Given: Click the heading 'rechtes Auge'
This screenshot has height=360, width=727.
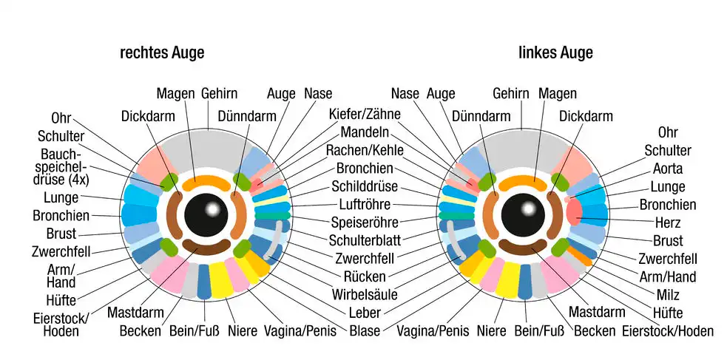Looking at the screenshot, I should click(x=162, y=53).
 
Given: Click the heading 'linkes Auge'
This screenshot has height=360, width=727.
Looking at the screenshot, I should click(x=555, y=53).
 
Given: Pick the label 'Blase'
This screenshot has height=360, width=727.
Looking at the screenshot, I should click(x=365, y=330).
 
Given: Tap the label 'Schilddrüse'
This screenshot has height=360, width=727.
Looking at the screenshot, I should click(x=363, y=186).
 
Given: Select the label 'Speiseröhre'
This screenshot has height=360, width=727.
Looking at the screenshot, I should click(x=364, y=223).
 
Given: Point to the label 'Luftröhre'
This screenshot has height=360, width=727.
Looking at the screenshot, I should click(x=365, y=204).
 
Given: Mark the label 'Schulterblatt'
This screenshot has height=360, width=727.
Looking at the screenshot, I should click(x=364, y=240).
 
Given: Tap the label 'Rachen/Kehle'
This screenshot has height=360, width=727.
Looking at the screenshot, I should click(x=363, y=150).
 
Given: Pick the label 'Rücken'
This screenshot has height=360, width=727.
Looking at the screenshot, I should click(x=363, y=276).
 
